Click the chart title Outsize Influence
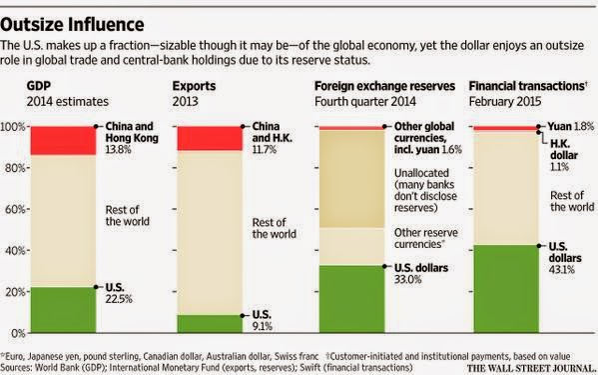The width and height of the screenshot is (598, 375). pyautogui.click(x=72, y=25)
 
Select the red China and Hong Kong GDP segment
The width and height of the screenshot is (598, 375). pyautogui.click(x=63, y=141)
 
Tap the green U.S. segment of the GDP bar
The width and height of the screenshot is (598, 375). pyautogui.click(x=63, y=310)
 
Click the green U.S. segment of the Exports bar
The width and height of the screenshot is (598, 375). pyautogui.click(x=210, y=324)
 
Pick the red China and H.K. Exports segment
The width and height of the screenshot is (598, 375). pyautogui.click(x=210, y=138)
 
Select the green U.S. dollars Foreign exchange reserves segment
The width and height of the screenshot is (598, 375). pyautogui.click(x=352, y=299)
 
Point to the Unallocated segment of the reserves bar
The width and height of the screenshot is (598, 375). pyautogui.click(x=352, y=179)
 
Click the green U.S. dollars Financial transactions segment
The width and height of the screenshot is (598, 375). pyautogui.click(x=506, y=289)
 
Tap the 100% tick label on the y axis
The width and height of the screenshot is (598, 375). pyautogui.click(x=13, y=126)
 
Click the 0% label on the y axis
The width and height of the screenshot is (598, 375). pyautogui.click(x=18, y=333)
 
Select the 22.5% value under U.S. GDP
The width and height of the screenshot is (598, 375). pyautogui.click(x=119, y=299)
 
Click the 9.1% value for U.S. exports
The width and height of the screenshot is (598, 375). pyautogui.click(x=263, y=327)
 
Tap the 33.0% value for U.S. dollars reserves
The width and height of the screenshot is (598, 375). pyautogui.click(x=408, y=280)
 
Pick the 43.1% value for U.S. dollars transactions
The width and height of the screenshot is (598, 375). pyautogui.click(x=562, y=270)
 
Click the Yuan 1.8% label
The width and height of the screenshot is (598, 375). pyautogui.click(x=571, y=126)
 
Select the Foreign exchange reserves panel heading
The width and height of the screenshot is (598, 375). pyautogui.click(x=384, y=86)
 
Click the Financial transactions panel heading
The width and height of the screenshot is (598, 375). pyautogui.click(x=528, y=86)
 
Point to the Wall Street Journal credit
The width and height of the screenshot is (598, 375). pyautogui.click(x=532, y=368)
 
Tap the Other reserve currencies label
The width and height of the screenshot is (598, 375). pyautogui.click(x=426, y=238)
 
